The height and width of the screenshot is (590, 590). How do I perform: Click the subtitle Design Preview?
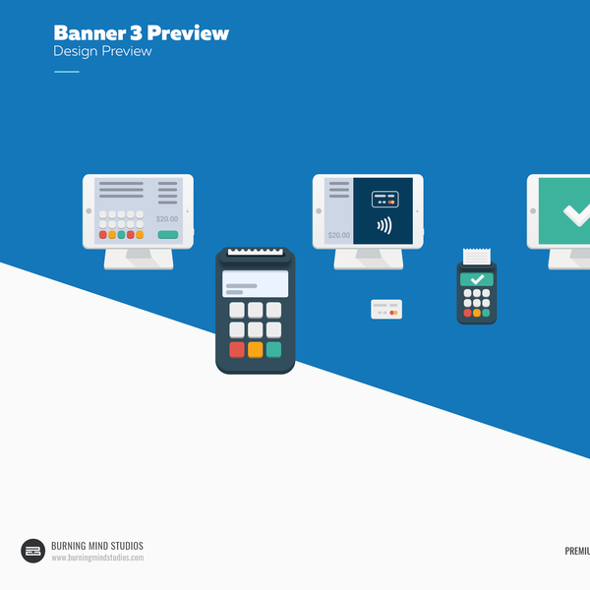tap(102, 51)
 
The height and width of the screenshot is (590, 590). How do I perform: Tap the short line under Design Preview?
tap(66, 72)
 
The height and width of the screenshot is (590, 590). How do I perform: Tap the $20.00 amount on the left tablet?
tap(167, 219)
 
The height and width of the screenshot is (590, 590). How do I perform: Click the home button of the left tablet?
tap(88, 210)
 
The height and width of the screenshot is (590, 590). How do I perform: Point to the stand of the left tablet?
tap(138, 258)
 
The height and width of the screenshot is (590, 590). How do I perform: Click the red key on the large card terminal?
tap(237, 349)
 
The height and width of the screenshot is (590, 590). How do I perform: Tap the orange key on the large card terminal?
tap(256, 349)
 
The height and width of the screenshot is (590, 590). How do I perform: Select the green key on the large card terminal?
tap(273, 349)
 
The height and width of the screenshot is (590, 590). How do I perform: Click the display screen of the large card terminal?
tap(256, 284)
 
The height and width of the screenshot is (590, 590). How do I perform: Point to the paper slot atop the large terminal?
tap(256, 253)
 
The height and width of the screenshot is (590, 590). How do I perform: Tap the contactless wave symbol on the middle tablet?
tap(383, 225)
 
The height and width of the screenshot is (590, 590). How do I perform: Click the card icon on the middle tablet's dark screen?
tap(384, 200)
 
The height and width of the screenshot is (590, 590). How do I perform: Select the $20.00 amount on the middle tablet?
tap(338, 236)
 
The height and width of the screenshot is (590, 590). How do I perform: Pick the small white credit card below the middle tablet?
tap(386, 309)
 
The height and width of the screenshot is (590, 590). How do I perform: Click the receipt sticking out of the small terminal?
tap(477, 256)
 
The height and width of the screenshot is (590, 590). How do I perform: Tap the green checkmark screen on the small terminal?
tap(477, 279)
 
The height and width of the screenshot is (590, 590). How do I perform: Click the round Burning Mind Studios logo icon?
tap(33, 551)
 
